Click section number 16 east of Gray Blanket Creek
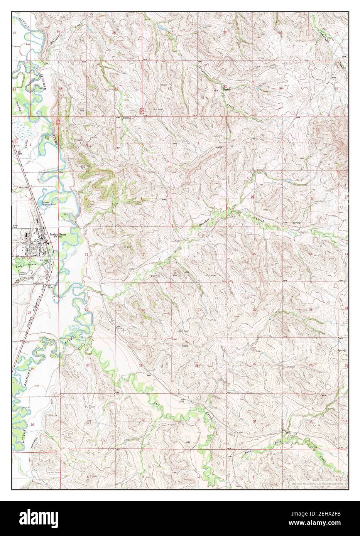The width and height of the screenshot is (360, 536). (x=198, y=253)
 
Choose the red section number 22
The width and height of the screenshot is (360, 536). (x=254, y=310)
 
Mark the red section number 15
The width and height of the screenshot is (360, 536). (x=254, y=254)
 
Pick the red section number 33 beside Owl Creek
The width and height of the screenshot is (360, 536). (x=199, y=420)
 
